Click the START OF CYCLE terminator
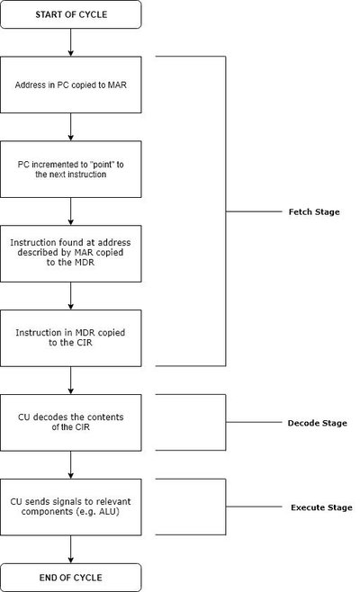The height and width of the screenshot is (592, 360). [71, 13]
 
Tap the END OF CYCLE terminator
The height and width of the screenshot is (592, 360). [71, 577]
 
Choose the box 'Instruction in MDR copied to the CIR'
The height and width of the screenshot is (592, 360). [71, 338]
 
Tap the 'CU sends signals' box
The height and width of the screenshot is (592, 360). [71, 507]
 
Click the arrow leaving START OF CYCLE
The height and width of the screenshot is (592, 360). [71, 41]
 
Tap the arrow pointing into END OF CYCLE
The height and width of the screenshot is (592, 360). [71, 550]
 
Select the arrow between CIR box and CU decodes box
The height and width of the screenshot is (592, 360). [71, 380]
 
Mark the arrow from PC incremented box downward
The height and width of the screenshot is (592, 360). [71, 211]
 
